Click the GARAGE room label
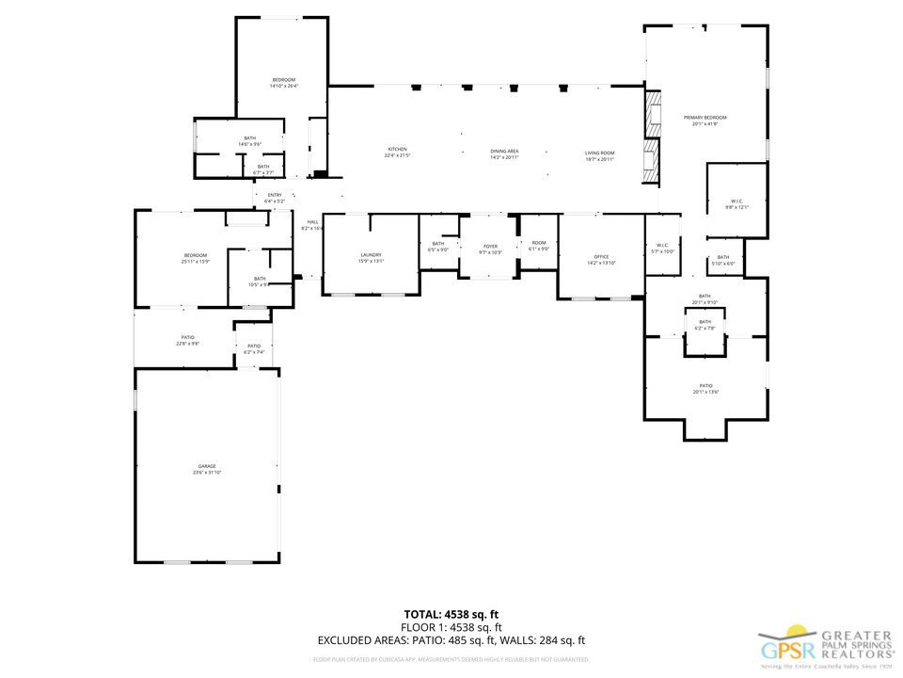[x=207, y=466]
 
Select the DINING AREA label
[x=504, y=151]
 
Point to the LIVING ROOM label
[x=599, y=152]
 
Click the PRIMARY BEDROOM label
[x=705, y=117]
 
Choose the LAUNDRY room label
[x=371, y=254]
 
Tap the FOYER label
[x=491, y=246]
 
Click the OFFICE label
[x=601, y=256]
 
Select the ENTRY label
[x=275, y=195]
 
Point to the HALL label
[x=312, y=221]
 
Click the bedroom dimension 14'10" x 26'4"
[x=283, y=86]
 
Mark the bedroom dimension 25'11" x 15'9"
[x=195, y=261]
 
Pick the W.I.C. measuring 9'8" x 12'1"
[x=737, y=206]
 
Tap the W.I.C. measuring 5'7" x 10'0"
[x=663, y=251]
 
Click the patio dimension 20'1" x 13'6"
[x=705, y=391]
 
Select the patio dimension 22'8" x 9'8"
[x=188, y=344]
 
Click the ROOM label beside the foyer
[x=539, y=243]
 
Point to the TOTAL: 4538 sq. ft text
[x=451, y=614]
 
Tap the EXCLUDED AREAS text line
[x=451, y=639]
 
